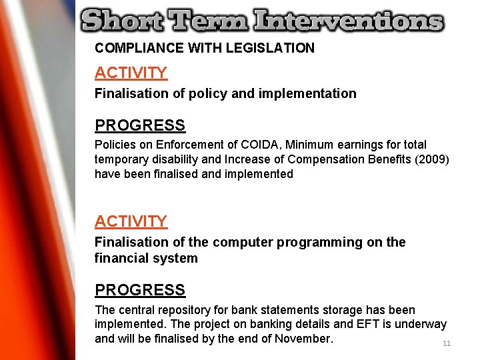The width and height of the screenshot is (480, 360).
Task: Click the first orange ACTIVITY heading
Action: [131, 73]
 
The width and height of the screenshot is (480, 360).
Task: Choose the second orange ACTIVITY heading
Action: [131, 221]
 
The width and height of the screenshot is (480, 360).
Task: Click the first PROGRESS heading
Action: [140, 125]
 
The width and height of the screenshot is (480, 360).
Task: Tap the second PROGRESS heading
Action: [140, 290]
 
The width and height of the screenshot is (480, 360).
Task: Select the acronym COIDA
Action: [261, 145]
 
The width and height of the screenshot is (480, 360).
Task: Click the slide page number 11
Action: [447, 343]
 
